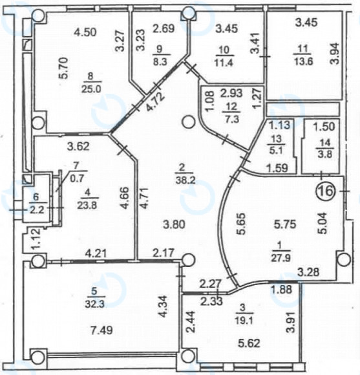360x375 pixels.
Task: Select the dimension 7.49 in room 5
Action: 101,330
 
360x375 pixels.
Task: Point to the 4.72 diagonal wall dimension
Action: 156,102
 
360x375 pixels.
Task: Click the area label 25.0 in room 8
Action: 92,89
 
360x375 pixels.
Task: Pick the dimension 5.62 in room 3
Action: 249,344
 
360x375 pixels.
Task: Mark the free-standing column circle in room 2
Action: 189,122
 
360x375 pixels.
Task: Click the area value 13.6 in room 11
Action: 304,62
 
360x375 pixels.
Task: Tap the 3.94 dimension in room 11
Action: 335,54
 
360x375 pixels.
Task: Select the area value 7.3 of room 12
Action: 232,118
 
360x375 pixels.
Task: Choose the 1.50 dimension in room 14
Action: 324,127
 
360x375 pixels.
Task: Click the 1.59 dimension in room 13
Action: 278,168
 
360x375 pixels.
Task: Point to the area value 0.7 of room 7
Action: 77,178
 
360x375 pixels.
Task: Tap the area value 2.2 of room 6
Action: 37,210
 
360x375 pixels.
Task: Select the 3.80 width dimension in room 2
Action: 174,225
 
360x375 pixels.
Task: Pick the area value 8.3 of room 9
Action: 160,62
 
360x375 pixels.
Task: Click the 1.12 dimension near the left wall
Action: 36,240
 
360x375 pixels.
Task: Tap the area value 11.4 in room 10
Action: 224,63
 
